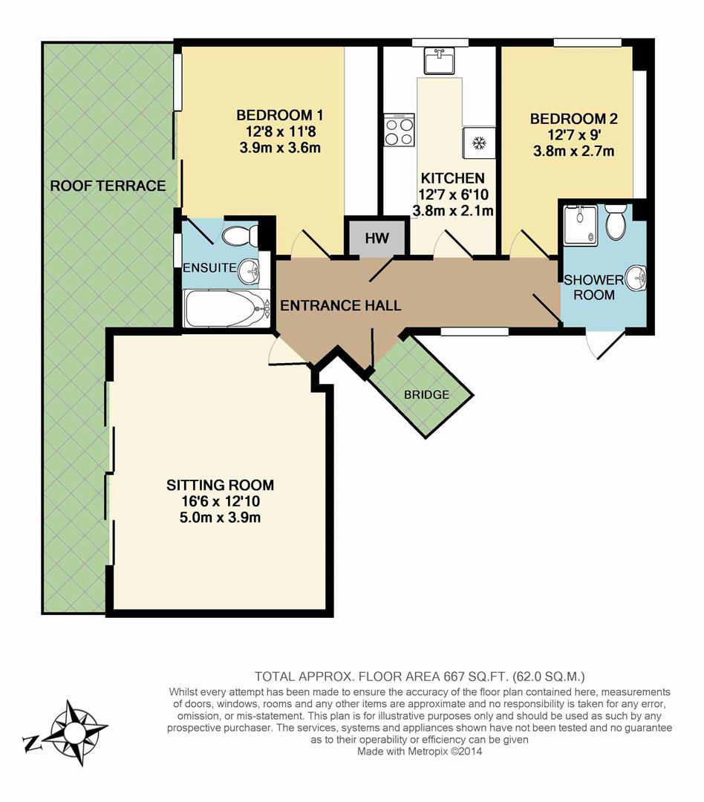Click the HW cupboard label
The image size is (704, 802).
[x=377, y=238]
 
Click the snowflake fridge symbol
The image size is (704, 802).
[x=479, y=143]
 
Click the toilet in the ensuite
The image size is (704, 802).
[x=241, y=236]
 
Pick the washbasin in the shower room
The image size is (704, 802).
[x=636, y=278]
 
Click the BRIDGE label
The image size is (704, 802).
[x=426, y=395]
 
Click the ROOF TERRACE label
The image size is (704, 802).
[x=108, y=186]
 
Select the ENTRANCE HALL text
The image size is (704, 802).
[x=340, y=306]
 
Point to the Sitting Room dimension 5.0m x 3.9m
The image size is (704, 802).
[x=220, y=518]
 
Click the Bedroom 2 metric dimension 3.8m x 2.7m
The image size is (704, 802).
[x=573, y=151]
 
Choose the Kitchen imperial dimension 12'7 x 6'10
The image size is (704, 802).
[x=453, y=195]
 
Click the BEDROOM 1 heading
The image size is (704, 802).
[x=279, y=115]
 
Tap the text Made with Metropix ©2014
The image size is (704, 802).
[x=420, y=752]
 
